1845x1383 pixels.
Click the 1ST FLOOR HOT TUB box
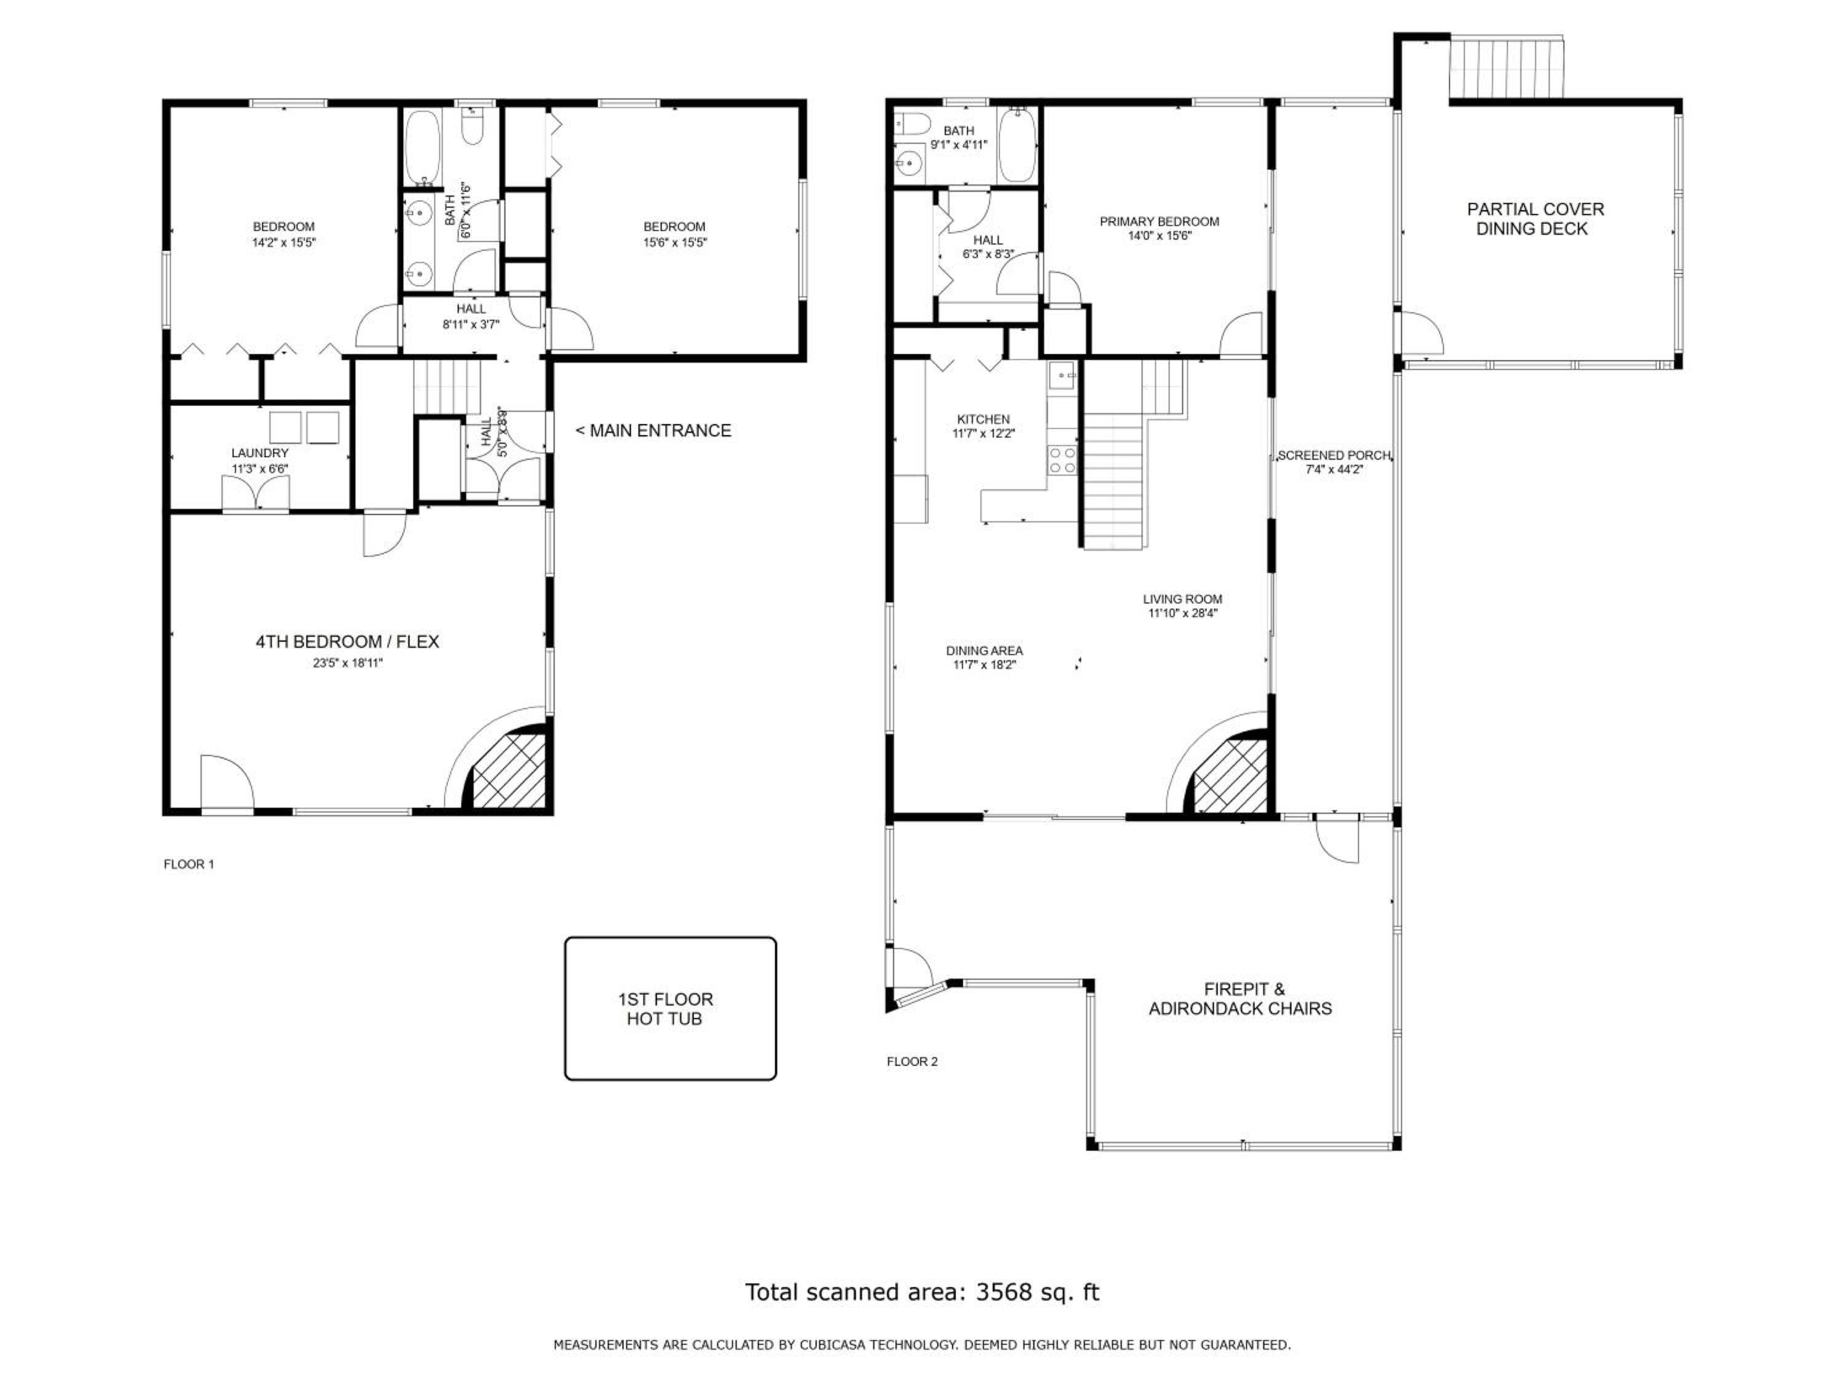(x=670, y=1008)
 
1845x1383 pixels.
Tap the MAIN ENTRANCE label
(x=653, y=430)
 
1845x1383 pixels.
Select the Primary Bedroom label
(x=1159, y=222)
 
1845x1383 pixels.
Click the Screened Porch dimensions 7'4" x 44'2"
(x=1335, y=470)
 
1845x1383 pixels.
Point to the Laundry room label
(x=260, y=452)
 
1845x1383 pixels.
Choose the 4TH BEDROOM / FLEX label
(x=347, y=641)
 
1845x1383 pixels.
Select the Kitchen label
(x=983, y=419)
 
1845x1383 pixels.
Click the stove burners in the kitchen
(x=1063, y=460)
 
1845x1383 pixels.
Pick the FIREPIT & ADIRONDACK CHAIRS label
(x=1240, y=999)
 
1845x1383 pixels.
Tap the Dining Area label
(x=984, y=650)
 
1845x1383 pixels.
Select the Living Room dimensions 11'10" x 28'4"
(x=1183, y=613)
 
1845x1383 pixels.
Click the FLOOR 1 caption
(x=189, y=864)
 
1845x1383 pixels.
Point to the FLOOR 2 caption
(x=911, y=1061)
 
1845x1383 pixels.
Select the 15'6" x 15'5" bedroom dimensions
(x=674, y=243)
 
